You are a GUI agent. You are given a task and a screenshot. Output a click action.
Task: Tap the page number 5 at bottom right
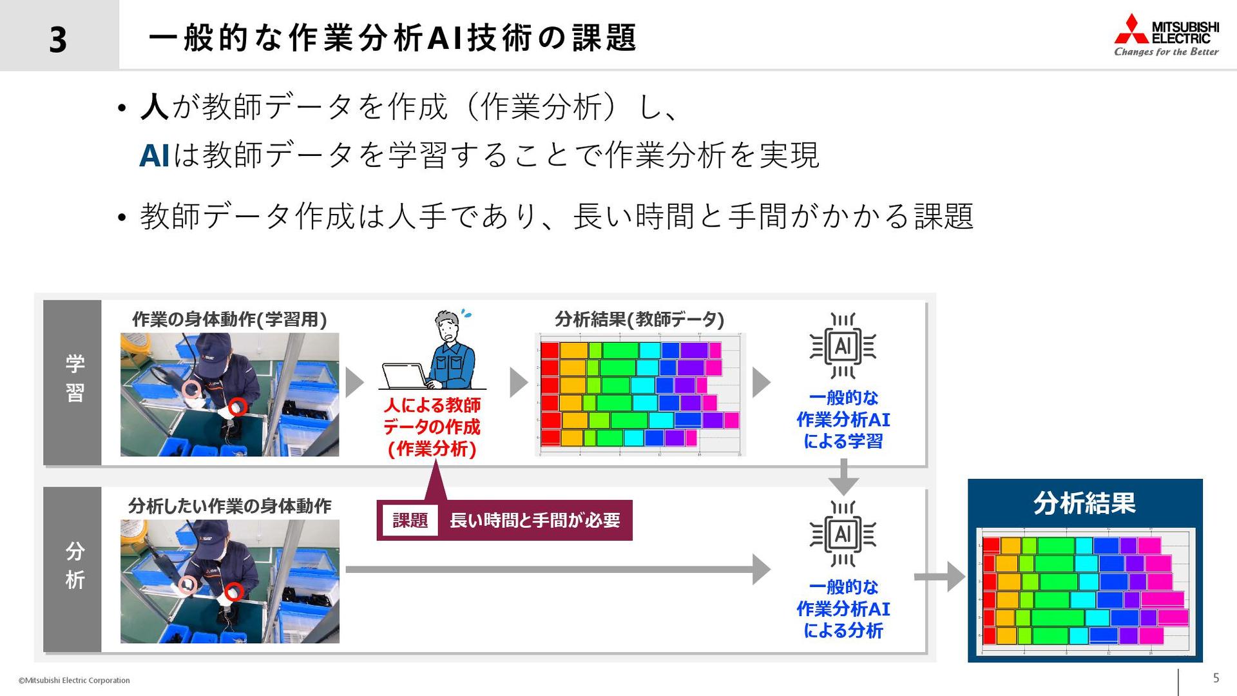click(1216, 678)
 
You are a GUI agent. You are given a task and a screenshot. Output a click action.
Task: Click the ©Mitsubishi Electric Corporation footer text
click(74, 681)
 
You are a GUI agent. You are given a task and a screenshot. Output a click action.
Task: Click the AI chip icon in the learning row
click(843, 347)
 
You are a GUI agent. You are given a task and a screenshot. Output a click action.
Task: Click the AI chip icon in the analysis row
click(843, 534)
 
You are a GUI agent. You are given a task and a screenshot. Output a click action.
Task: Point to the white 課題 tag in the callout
click(410, 520)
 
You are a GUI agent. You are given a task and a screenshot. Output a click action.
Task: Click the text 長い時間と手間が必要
click(535, 520)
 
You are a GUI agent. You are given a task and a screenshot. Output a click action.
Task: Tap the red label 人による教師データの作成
click(432, 427)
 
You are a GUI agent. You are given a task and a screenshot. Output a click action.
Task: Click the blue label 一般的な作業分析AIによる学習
click(843, 420)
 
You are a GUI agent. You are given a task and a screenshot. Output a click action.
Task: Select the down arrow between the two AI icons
click(843, 478)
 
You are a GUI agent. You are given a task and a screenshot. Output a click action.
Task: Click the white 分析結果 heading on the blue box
click(1084, 503)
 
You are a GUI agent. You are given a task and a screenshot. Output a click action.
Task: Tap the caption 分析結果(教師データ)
click(639, 320)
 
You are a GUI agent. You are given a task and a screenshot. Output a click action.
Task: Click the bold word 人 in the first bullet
click(155, 107)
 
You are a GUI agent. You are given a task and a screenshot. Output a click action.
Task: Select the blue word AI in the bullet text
click(155, 155)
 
